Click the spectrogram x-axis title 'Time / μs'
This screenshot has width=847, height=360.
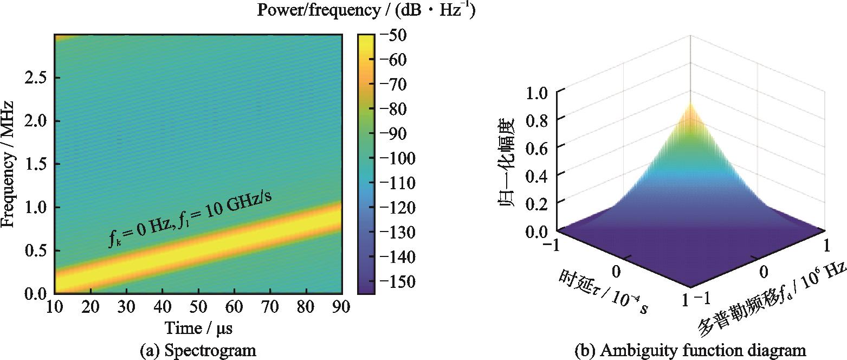point(198,328)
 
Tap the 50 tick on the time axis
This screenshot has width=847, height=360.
point(198,306)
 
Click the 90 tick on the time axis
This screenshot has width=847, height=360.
point(341,306)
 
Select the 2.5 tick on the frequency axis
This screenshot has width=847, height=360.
point(35,78)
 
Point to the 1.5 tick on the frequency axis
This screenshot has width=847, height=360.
point(35,164)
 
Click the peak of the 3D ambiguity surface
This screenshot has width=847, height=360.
point(690,103)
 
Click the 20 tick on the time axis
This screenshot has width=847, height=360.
point(90,306)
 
